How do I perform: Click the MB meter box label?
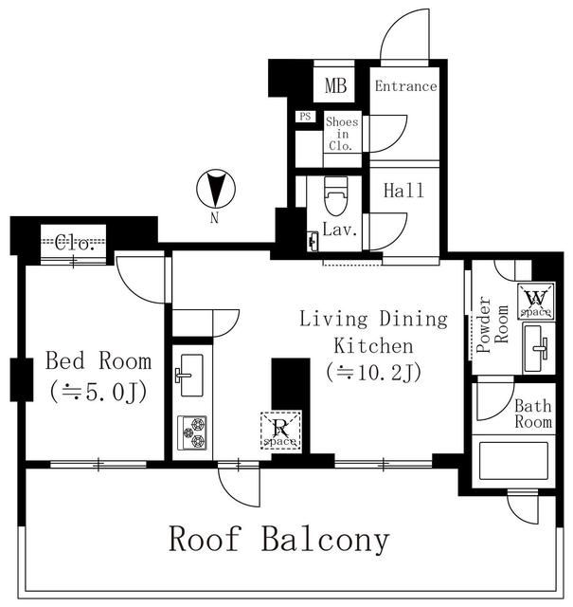tap(335, 85)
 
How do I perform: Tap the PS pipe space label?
tap(306, 116)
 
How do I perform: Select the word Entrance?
tap(405, 86)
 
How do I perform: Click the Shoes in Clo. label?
tap(342, 134)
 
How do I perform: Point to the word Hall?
tap(403, 191)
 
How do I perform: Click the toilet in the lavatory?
tap(335, 196)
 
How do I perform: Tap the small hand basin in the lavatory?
tap(313, 242)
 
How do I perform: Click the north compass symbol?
tap(215, 190)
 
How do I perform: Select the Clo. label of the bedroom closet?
tap(74, 244)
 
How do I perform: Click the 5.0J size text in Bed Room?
tap(99, 392)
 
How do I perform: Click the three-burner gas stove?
tap(192, 432)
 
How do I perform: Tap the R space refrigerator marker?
tap(281, 431)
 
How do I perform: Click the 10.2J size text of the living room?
tap(373, 373)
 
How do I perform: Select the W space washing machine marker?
tap(536, 301)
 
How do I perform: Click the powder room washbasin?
tap(538, 348)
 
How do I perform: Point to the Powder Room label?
tap(492, 324)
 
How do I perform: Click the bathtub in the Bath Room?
tap(513, 461)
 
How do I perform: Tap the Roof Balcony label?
tap(279, 540)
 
